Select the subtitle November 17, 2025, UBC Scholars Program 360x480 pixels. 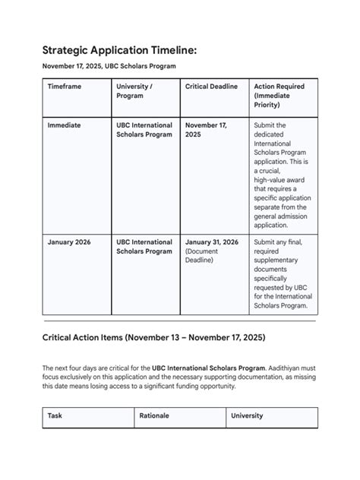click(109, 67)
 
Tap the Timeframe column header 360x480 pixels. click(64, 87)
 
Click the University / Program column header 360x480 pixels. click(134, 91)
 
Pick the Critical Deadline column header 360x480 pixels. click(211, 87)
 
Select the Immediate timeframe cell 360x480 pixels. click(64, 125)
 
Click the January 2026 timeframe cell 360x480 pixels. click(68, 242)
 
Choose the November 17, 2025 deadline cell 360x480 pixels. click(206, 130)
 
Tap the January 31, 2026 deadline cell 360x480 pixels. click(212, 242)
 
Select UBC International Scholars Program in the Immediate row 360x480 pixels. click(144, 130)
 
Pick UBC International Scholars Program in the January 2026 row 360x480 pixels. click(144, 247)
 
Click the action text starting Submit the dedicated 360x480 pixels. click(280, 175)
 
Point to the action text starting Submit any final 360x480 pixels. click(280, 274)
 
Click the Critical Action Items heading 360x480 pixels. click(153, 336)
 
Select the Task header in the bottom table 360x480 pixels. click(55, 415)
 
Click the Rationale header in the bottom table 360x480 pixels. click(154, 415)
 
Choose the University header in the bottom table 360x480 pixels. click(247, 415)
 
